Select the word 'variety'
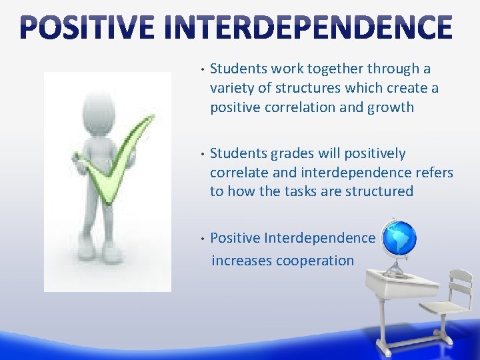click(x=231, y=88)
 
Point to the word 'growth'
click(x=390, y=107)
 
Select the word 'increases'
click(x=242, y=260)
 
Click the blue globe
click(x=399, y=239)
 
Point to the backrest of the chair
click(x=460, y=284)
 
